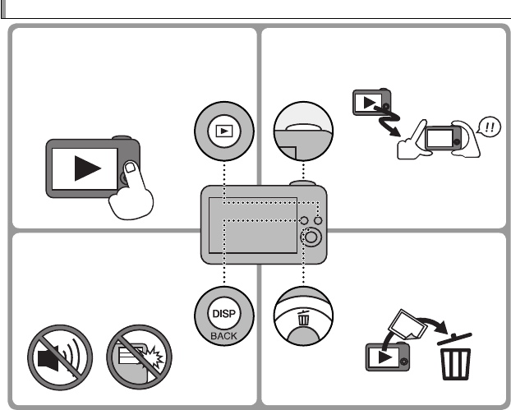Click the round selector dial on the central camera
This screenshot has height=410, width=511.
(310, 239)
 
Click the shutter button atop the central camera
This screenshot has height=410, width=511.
(297, 183)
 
